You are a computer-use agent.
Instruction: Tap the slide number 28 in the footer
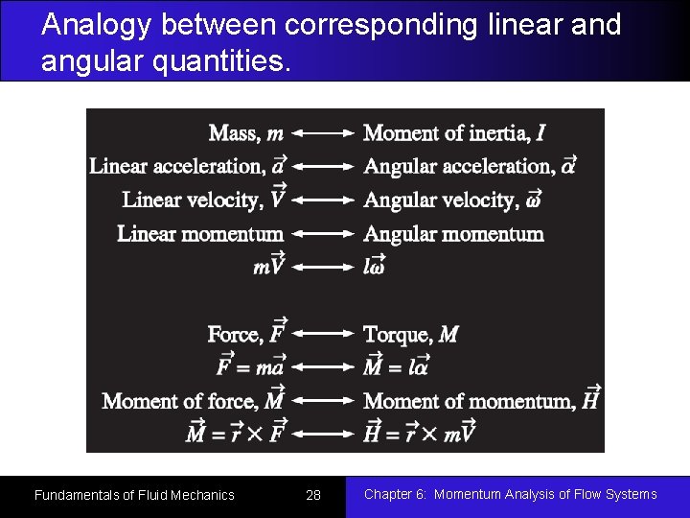tap(313, 495)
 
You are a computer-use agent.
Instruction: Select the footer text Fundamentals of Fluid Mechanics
tap(134, 495)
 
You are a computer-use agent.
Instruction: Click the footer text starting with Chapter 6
tap(510, 494)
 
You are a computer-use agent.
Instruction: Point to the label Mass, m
tap(246, 133)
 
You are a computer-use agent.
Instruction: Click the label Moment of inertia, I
tap(455, 133)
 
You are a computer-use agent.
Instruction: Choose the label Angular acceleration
tap(470, 166)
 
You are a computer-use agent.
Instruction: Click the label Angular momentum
tap(454, 234)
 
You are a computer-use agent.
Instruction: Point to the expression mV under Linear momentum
tap(269, 268)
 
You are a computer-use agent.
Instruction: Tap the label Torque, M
tap(411, 335)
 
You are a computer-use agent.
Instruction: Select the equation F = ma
tap(250, 367)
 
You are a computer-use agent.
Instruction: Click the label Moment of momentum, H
tap(482, 401)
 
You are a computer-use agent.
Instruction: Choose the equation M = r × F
tap(235, 434)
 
